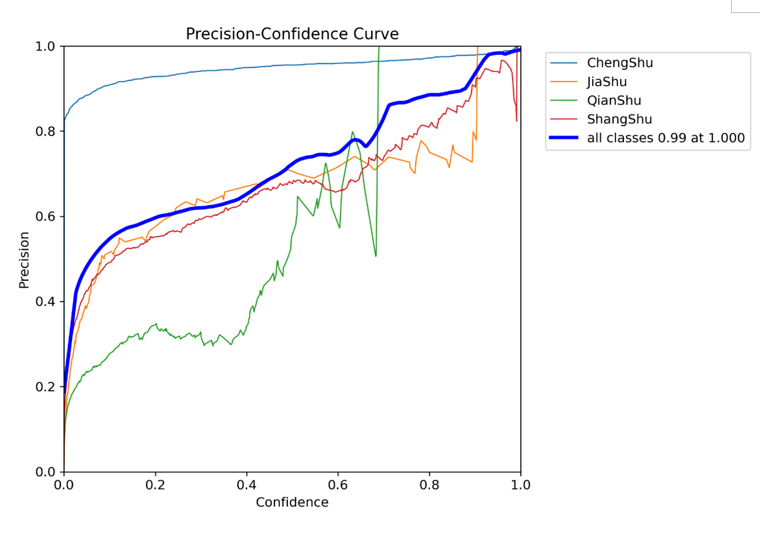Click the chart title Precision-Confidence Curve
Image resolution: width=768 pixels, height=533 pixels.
pyautogui.click(x=292, y=34)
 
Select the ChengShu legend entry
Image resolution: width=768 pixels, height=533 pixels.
pyautogui.click(x=619, y=63)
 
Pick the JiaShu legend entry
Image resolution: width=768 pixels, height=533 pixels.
pyautogui.click(x=607, y=82)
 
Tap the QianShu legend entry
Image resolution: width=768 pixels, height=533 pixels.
pyautogui.click(x=614, y=101)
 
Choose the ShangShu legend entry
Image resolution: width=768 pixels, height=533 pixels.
pyautogui.click(x=619, y=119)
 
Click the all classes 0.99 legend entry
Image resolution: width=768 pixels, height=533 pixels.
pyautogui.click(x=666, y=138)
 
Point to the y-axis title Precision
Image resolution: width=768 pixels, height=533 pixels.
pyautogui.click(x=24, y=260)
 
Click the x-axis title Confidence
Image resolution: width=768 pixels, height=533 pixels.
pyautogui.click(x=292, y=502)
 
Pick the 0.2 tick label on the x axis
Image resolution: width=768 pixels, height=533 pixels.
pyautogui.click(x=155, y=485)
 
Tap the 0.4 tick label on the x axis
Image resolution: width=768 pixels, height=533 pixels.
pyautogui.click(x=246, y=485)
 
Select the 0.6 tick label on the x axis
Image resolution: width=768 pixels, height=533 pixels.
pyautogui.click(x=338, y=485)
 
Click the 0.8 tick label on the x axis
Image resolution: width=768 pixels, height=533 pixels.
pyautogui.click(x=429, y=485)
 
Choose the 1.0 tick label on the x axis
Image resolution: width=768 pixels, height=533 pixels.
pyautogui.click(x=521, y=485)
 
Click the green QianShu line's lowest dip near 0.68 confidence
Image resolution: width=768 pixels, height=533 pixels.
pyautogui.click(x=376, y=256)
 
